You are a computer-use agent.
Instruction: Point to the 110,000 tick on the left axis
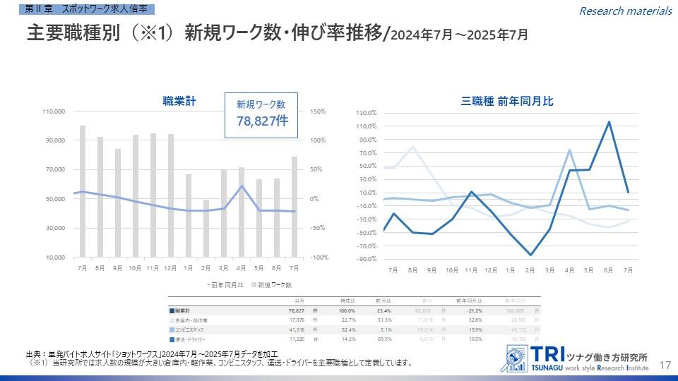coord(54,111)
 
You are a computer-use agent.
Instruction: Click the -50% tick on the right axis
coord(316,228)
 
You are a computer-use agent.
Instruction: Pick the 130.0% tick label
coord(367,113)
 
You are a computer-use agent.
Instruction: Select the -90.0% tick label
coord(367,259)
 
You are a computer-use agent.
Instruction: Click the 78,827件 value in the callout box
coord(261,121)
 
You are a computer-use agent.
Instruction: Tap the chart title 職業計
coord(179,102)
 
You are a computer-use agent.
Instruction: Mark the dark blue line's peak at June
coord(609,122)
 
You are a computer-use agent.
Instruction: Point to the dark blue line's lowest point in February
coord(530,255)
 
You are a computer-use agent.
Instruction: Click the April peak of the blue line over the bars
coord(242,186)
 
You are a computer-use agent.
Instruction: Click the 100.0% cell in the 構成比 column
coord(347,310)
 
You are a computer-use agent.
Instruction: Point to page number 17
coord(664,365)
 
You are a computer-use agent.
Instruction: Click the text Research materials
coord(625,11)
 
